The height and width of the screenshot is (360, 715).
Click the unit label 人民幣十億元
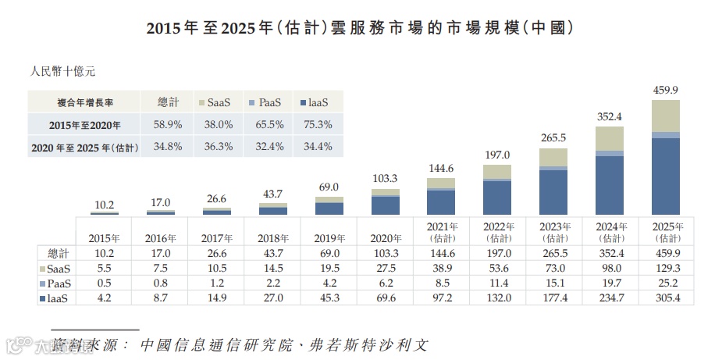pos(62,72)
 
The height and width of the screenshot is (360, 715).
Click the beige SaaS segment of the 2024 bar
pos(610,137)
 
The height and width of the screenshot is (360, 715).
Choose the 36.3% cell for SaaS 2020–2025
pos(218,146)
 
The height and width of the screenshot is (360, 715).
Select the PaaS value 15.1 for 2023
pos(553,283)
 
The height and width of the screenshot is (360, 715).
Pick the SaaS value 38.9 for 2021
pos(441,268)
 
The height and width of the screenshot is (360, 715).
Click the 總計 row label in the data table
pos(58,253)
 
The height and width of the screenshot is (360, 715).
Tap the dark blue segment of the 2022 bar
pos(497,198)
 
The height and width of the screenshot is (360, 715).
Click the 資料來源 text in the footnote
pos(90,344)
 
